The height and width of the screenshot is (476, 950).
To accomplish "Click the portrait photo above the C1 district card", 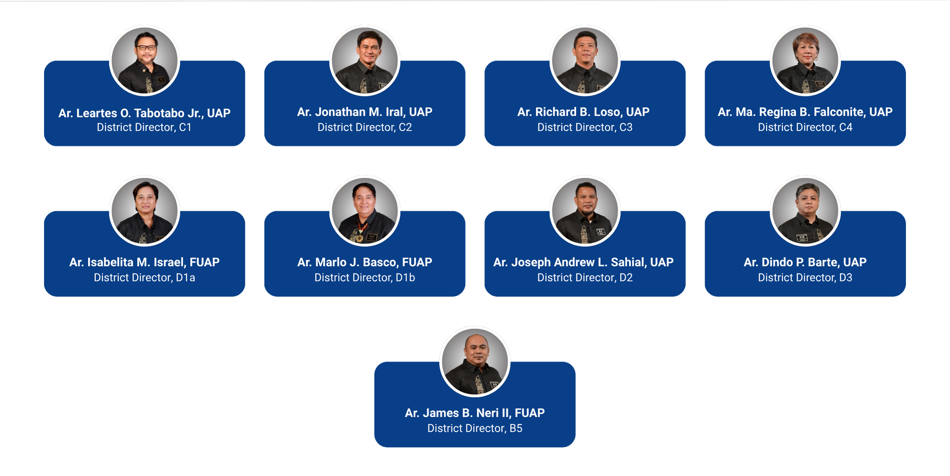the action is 145,60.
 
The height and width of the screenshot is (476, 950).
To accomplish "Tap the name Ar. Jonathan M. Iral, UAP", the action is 365,112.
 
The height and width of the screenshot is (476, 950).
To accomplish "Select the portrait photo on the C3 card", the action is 585,60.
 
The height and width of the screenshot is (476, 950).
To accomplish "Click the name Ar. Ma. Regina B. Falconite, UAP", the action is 805,112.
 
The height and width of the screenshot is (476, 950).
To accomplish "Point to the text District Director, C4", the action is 805,127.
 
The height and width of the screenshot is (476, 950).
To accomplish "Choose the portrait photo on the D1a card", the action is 145,211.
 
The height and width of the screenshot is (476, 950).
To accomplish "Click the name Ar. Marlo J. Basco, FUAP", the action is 365,262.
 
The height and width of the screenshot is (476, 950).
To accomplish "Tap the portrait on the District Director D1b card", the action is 365,211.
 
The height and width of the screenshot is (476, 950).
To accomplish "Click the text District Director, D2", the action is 585,278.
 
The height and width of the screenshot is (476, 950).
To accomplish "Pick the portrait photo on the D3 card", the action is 805,211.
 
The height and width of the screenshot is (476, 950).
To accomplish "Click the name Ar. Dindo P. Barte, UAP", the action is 805,262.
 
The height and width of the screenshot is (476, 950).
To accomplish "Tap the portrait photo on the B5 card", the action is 475,362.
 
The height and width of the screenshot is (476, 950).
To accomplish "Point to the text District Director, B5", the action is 475,428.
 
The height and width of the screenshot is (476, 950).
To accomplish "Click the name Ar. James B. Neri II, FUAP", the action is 475,413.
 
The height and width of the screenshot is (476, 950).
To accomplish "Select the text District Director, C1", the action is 144,127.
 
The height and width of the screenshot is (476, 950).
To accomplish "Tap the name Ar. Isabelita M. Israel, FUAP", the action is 145,262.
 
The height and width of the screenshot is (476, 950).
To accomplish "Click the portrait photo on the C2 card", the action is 365,60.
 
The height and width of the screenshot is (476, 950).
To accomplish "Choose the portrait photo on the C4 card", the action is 805,60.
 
